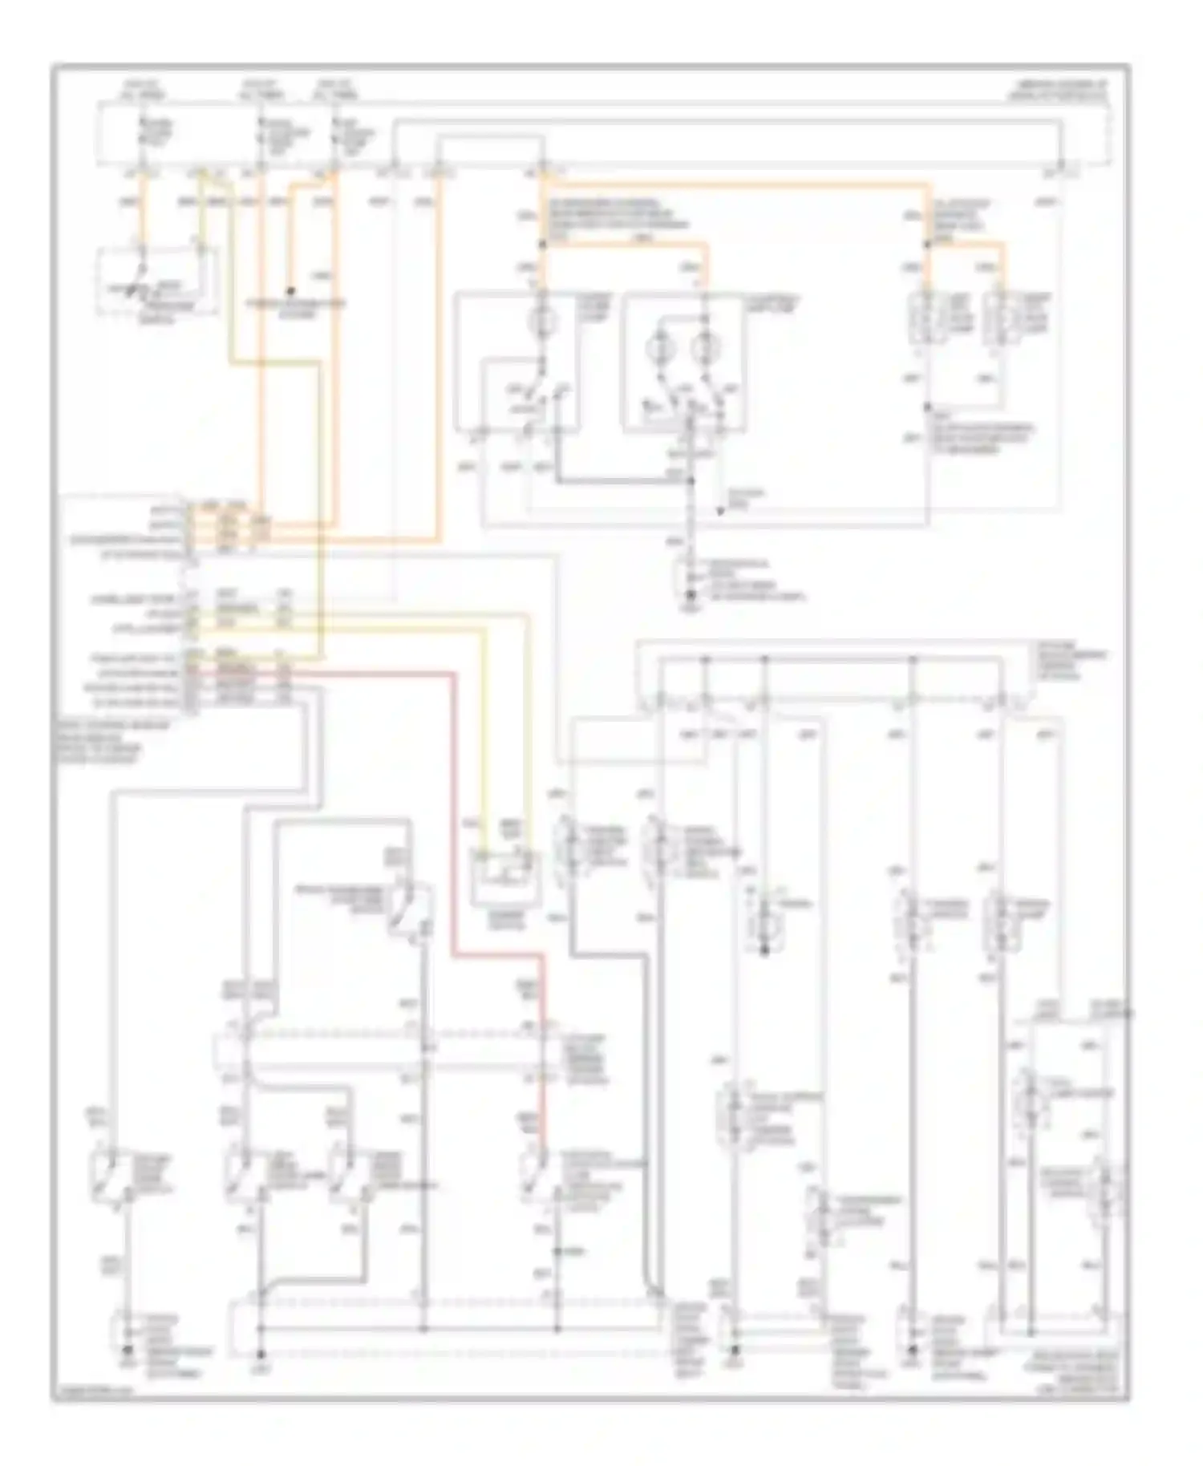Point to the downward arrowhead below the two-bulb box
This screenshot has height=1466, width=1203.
(x=720, y=510)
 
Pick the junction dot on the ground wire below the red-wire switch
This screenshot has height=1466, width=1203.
(x=557, y=1251)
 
